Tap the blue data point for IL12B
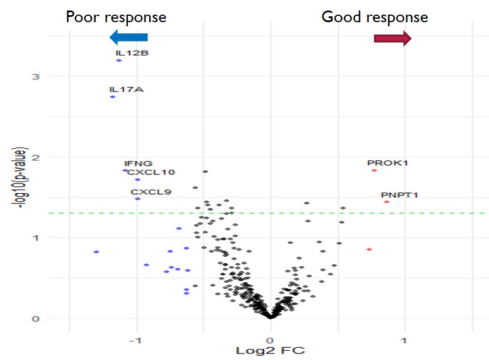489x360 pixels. [119, 60]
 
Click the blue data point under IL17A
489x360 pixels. [113, 97]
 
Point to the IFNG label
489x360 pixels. [138, 163]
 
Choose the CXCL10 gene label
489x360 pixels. [151, 172]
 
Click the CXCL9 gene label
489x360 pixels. [151, 191]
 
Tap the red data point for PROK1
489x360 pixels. [374, 170]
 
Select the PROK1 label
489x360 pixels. [387, 163]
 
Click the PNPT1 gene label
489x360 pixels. [400, 195]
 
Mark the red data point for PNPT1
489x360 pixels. [387, 202]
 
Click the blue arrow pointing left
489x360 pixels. [129, 37]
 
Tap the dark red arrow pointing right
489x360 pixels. [392, 39]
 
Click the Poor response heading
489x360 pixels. [116, 17]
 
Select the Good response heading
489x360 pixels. [375, 17]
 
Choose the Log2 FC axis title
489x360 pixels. [270, 351]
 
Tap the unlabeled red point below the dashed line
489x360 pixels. [369, 249]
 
